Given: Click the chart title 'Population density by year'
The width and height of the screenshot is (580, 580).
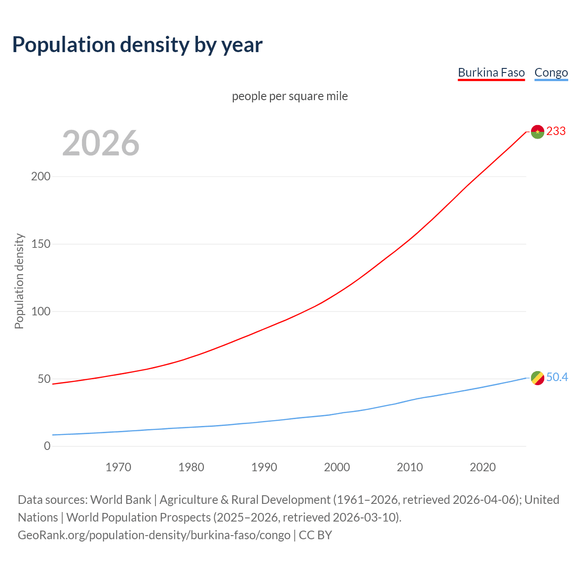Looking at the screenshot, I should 137,44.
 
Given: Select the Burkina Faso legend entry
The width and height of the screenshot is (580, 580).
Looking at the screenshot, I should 491,72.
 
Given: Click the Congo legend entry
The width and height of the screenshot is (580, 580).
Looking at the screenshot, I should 551,72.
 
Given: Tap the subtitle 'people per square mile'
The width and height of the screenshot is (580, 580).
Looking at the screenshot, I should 290,96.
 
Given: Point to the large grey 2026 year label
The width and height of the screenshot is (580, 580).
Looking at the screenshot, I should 101,143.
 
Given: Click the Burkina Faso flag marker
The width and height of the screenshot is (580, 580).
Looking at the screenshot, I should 537,131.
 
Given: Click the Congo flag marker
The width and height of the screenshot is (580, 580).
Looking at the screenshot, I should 537,377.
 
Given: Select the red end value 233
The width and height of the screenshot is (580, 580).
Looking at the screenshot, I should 556,131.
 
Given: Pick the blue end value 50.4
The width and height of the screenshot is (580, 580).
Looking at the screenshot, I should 557,377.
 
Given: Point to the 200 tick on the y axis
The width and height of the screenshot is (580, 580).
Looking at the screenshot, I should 40,176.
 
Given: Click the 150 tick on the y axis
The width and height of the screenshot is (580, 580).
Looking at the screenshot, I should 40,244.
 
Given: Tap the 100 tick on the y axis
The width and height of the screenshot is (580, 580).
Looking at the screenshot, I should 40,311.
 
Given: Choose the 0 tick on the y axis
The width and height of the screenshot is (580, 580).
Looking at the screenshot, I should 47,446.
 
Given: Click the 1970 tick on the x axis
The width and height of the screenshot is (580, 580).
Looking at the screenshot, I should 118,467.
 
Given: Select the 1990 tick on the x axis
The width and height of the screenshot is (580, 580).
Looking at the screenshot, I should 264,467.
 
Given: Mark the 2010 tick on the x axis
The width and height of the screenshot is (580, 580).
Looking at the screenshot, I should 410,467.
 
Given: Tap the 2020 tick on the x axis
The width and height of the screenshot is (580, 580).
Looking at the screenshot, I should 483,467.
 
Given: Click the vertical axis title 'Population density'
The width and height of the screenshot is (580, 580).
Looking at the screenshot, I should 19,281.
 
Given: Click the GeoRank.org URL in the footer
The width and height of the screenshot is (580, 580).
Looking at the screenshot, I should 154,535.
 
